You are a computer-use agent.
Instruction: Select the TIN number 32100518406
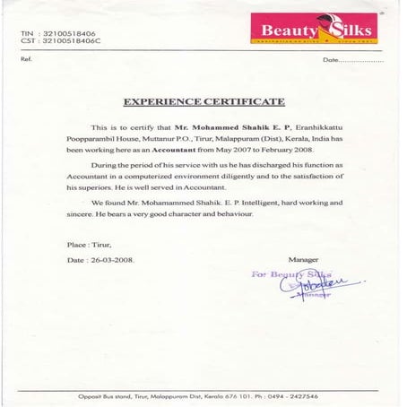64,33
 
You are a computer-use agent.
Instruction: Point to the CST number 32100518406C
65,41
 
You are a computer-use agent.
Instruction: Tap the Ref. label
25,59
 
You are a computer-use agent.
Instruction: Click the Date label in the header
332,59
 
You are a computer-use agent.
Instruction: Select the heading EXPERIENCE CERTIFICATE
203,102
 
